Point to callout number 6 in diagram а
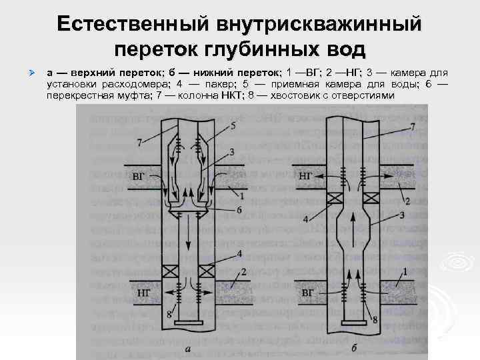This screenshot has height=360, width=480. [239, 210]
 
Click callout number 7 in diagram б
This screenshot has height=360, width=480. [413, 126]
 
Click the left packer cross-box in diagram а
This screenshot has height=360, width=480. [169, 271]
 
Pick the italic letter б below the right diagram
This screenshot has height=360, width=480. [352, 347]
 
